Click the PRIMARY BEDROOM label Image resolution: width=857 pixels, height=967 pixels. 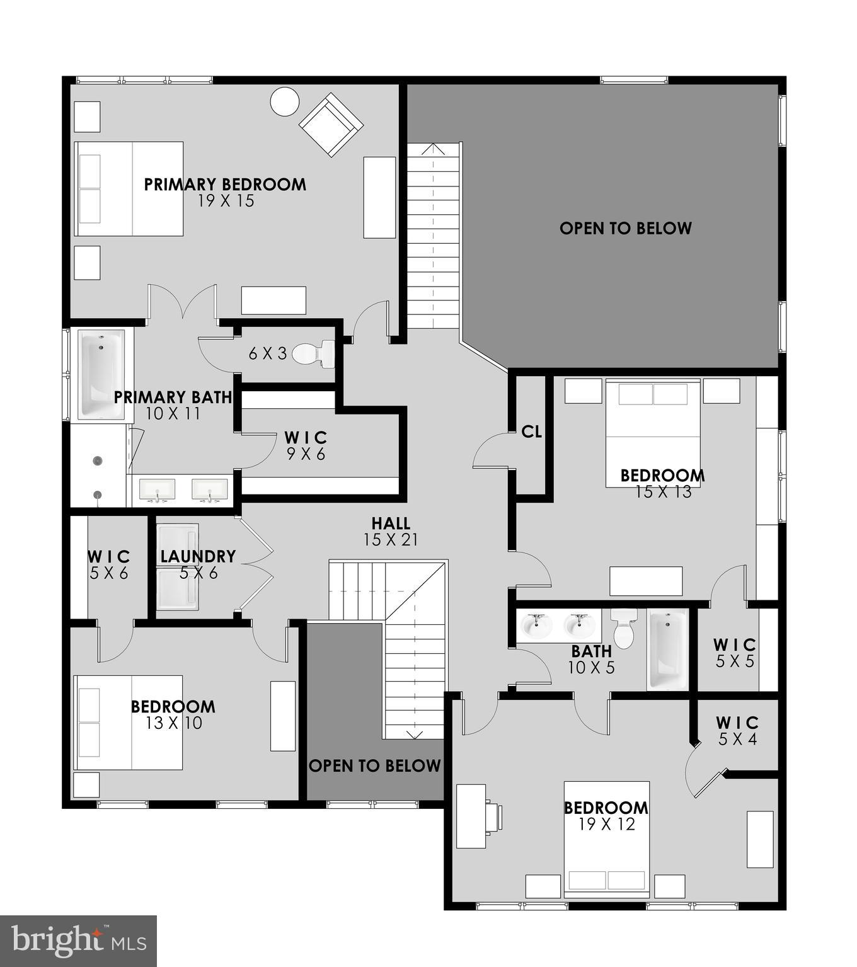click(225, 185)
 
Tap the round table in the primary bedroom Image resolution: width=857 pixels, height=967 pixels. click(284, 101)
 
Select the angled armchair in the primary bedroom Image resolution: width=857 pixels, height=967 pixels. click(331, 125)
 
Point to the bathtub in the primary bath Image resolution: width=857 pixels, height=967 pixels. click(101, 374)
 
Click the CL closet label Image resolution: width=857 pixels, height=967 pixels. click(531, 432)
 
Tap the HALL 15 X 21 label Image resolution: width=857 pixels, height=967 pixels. click(391, 531)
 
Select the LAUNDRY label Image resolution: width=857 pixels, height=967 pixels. click(198, 556)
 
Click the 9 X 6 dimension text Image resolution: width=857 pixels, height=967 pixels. click(306, 454)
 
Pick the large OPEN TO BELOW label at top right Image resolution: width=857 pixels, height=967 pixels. click(625, 228)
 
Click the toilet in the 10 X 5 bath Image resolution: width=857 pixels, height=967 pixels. click(623, 631)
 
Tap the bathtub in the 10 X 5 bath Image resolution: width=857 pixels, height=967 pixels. click(669, 649)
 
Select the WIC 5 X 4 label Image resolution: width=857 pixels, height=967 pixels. click(737, 730)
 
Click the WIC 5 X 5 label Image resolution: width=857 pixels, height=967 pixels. click(735, 653)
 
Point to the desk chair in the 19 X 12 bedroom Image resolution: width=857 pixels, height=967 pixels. click(493, 816)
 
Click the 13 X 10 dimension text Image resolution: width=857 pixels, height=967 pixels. click(173, 723)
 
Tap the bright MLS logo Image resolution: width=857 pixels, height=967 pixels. click(78, 941)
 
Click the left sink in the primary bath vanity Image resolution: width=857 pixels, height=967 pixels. click(157, 489)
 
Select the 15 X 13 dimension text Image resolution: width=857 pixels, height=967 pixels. click(663, 491)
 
